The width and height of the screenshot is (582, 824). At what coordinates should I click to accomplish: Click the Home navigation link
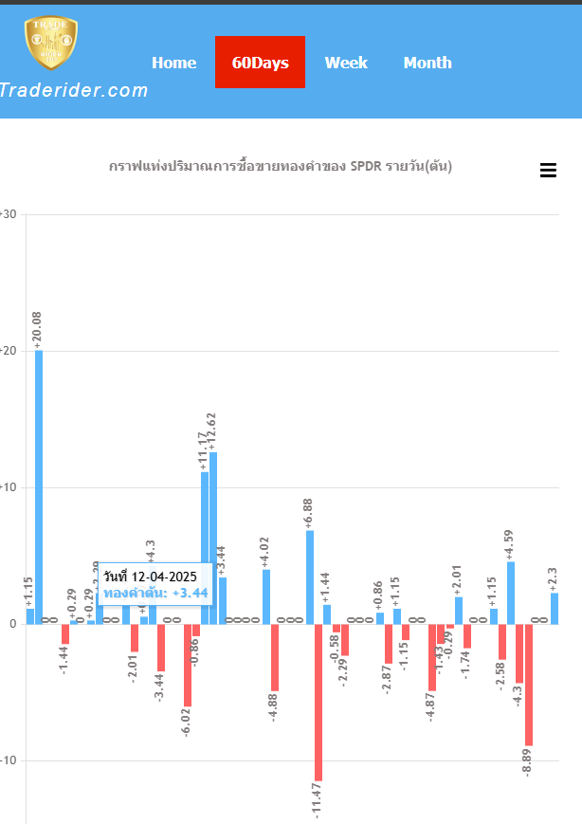click(173, 63)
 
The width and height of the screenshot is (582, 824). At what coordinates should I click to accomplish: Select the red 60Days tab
click(260, 63)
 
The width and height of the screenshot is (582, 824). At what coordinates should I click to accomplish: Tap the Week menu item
click(346, 63)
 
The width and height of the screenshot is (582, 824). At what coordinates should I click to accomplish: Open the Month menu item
click(427, 63)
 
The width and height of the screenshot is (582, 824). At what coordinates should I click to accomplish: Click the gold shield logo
click(51, 43)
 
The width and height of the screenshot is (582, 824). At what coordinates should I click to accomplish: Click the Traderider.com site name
click(74, 91)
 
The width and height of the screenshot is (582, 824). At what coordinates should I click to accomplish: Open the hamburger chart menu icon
click(548, 171)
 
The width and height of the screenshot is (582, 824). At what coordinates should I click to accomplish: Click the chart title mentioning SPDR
click(281, 166)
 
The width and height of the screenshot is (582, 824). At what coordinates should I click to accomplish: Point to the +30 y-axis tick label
click(9, 214)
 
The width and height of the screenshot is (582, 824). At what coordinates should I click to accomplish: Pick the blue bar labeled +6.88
click(310, 577)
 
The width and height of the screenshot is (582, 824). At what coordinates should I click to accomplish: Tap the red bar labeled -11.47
click(318, 702)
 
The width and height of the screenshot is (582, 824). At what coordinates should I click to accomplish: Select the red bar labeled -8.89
click(529, 685)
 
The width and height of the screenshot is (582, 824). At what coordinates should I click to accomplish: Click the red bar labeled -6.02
click(188, 665)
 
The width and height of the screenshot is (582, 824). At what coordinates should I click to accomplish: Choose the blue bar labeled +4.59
click(511, 593)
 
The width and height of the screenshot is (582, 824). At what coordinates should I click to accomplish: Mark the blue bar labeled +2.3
click(555, 608)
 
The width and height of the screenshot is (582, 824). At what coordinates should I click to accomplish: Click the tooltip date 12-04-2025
click(151, 577)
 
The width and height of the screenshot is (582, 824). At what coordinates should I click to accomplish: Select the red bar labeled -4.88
click(275, 657)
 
